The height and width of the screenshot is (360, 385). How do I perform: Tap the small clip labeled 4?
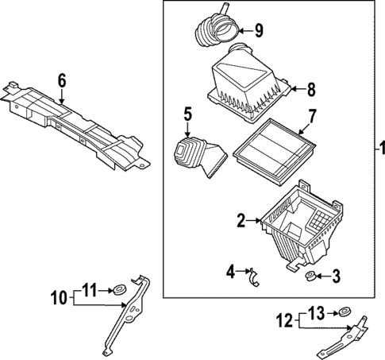(256, 277)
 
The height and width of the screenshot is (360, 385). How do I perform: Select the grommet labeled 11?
(121, 289)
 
